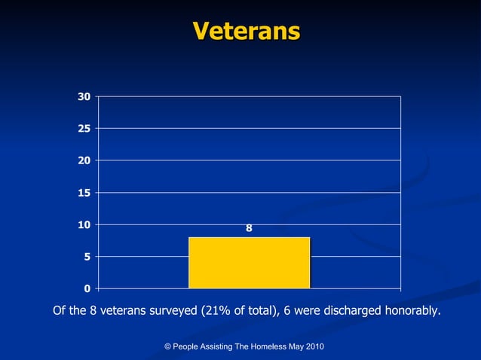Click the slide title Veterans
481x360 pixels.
click(x=246, y=31)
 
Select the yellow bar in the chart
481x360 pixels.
click(x=249, y=262)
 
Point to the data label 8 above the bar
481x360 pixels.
click(x=249, y=228)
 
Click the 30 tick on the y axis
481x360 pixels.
click(x=83, y=96)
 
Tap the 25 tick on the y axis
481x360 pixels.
click(x=83, y=129)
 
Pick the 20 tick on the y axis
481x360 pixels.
click(x=83, y=160)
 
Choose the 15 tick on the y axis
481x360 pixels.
click(x=83, y=193)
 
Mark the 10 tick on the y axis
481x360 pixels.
click(x=83, y=224)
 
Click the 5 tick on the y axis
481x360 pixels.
click(x=87, y=257)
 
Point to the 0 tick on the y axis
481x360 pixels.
click(x=87, y=288)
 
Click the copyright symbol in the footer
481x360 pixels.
click(x=167, y=346)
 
